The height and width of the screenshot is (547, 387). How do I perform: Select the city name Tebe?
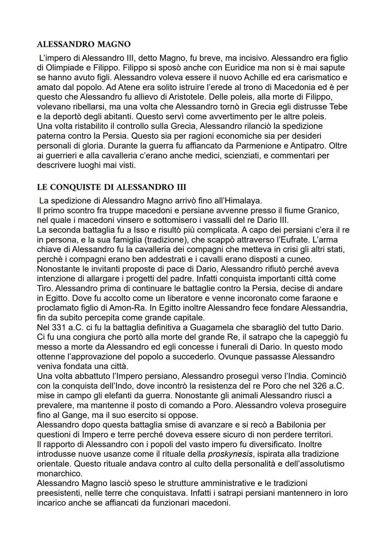(338, 107)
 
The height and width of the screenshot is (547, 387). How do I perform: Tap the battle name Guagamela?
(212, 327)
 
